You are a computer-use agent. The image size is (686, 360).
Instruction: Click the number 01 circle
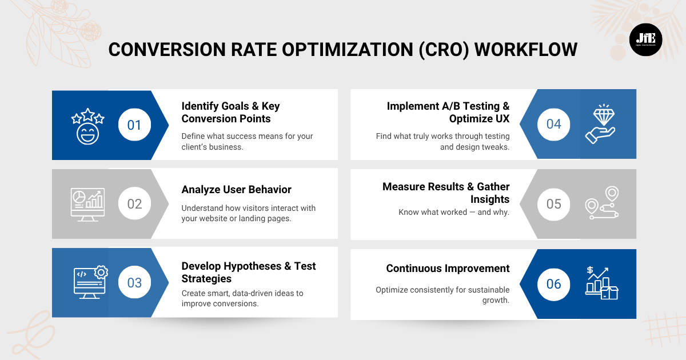(x=134, y=125)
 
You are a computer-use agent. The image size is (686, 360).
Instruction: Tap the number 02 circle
(x=134, y=203)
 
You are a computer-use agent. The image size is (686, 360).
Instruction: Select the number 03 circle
(x=134, y=283)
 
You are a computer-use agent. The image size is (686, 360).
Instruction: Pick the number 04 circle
(x=553, y=124)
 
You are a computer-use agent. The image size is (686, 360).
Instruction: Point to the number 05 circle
(x=553, y=204)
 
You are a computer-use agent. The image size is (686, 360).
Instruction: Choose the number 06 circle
(x=553, y=284)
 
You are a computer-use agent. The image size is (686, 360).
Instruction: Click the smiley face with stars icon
(x=87, y=125)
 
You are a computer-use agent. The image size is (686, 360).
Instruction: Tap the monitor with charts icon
(x=87, y=203)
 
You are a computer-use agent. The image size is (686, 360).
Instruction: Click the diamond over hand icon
(x=600, y=124)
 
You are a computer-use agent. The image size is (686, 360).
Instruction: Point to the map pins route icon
(x=602, y=203)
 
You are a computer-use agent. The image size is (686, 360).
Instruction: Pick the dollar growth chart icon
(x=601, y=283)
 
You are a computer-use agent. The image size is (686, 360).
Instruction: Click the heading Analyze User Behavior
(x=236, y=190)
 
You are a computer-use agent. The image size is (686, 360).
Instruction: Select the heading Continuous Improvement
(x=448, y=269)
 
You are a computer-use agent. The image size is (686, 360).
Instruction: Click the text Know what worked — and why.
(x=454, y=212)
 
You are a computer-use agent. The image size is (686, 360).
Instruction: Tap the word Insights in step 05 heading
(x=490, y=199)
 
